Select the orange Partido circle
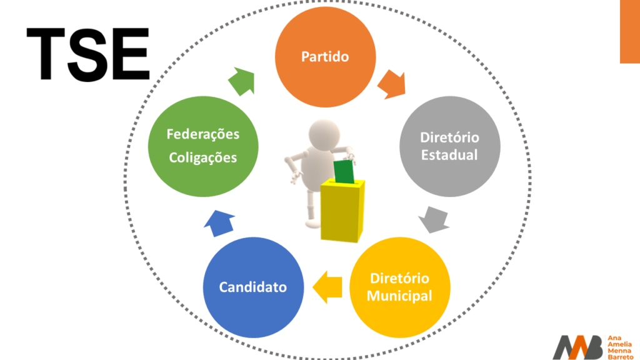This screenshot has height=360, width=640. (325, 56)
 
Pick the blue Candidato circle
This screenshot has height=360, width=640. (253, 287)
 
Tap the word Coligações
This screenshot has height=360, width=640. (203, 157)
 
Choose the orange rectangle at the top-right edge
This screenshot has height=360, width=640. (629, 31)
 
